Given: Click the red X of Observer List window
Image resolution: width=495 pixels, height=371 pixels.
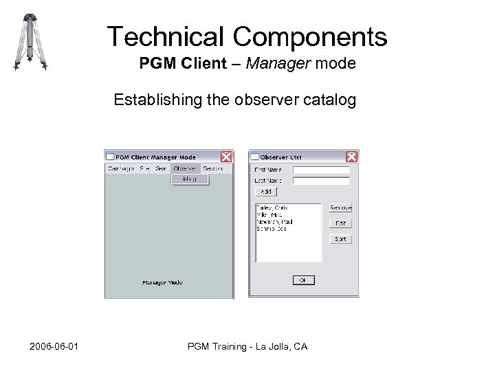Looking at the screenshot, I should [x=351, y=157].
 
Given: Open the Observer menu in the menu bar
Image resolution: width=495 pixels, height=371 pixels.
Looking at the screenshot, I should [x=185, y=168].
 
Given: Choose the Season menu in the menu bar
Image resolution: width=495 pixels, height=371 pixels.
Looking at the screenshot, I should [x=213, y=168].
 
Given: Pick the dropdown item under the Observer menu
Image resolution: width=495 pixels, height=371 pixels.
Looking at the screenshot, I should [x=185, y=179].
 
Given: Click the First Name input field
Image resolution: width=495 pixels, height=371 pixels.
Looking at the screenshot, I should [x=321, y=170].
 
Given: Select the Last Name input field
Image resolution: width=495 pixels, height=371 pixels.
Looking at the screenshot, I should [x=321, y=181].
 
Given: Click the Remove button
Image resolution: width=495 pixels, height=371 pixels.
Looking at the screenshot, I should [x=340, y=207].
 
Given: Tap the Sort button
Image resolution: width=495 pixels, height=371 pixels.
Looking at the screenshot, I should [x=340, y=239].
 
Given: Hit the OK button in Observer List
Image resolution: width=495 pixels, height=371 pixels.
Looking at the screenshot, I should [x=302, y=280].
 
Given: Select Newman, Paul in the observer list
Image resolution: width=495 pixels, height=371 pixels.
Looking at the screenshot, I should [x=274, y=222].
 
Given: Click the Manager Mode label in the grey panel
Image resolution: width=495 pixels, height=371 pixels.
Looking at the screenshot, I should [x=162, y=282].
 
